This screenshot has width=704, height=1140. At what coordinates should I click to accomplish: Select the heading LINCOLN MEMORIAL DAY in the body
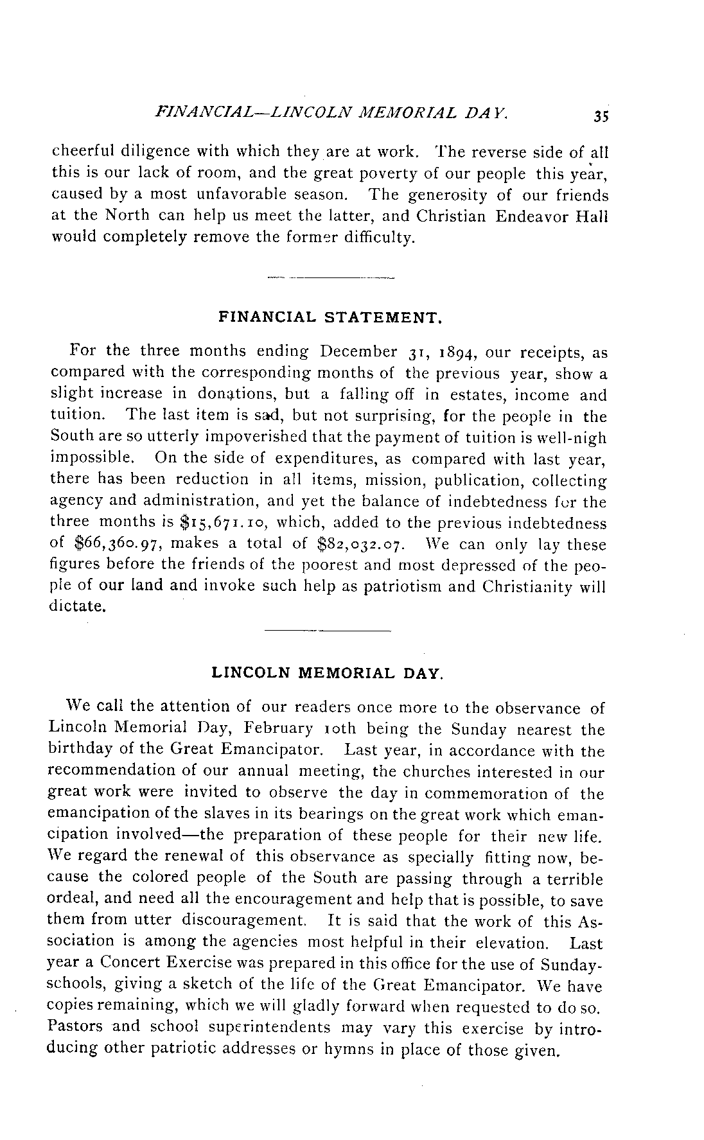pyautogui.click(x=327, y=674)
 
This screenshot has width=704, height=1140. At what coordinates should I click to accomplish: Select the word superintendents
pyautogui.click(x=272, y=1027)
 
